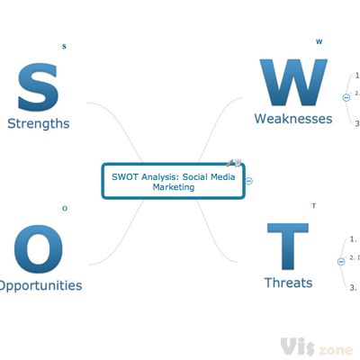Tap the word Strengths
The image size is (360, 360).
pyautogui.click(x=38, y=123)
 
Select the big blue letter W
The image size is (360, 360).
pyautogui.click(x=293, y=85)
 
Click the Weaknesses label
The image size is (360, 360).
pyautogui.click(x=293, y=119)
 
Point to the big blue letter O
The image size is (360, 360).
pyautogui.click(x=38, y=248)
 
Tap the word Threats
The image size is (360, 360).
pyautogui.click(x=288, y=283)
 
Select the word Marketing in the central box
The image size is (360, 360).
pyautogui.click(x=174, y=187)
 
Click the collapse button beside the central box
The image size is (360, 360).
pyautogui.click(x=249, y=181)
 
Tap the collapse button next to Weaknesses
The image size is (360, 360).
pyautogui.click(x=346, y=97)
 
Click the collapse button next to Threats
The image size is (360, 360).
pyautogui.click(x=340, y=261)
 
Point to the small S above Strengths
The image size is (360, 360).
pyautogui.click(x=64, y=46)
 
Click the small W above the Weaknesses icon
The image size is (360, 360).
pyautogui.click(x=319, y=40)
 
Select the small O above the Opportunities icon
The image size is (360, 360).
pyautogui.click(x=64, y=209)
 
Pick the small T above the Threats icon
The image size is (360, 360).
pyautogui.click(x=313, y=206)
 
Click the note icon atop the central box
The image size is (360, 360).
pyautogui.click(x=236, y=163)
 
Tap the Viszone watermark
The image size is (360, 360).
pyautogui.click(x=315, y=346)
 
